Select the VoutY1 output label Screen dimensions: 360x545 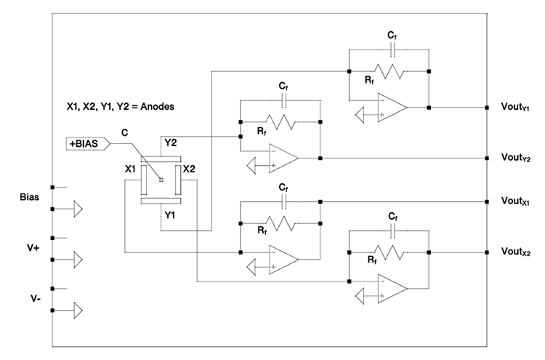pos(517,108)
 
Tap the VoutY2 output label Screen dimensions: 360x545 pos(517,157)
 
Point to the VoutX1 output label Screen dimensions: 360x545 pos(517,201)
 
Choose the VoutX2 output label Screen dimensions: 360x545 pos(517,252)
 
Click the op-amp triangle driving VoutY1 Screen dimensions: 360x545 pos(392,108)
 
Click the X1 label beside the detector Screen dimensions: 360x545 pos(131,169)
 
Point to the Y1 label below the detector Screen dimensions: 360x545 pos(169,215)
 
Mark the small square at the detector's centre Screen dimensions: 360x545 pos(161,180)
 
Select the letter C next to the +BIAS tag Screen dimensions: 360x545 pos(126,132)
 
